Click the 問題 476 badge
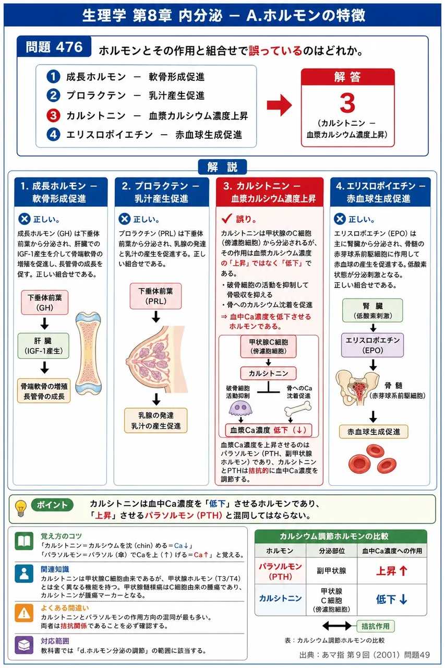54,47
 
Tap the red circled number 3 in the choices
53,115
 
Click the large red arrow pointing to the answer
279,105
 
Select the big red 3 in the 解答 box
347,103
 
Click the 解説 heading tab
222,166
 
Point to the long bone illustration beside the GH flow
89,353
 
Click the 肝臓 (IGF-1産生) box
43,346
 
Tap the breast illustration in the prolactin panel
157,360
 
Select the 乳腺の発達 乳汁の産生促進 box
155,421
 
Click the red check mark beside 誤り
227,219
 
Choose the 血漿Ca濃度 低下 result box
269,430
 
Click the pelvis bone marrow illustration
357,388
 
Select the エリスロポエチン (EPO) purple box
372,345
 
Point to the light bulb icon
20,508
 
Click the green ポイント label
52,505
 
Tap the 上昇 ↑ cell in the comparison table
392,571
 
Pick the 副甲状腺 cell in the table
331,571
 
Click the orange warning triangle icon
24,613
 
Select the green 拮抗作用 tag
376,626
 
